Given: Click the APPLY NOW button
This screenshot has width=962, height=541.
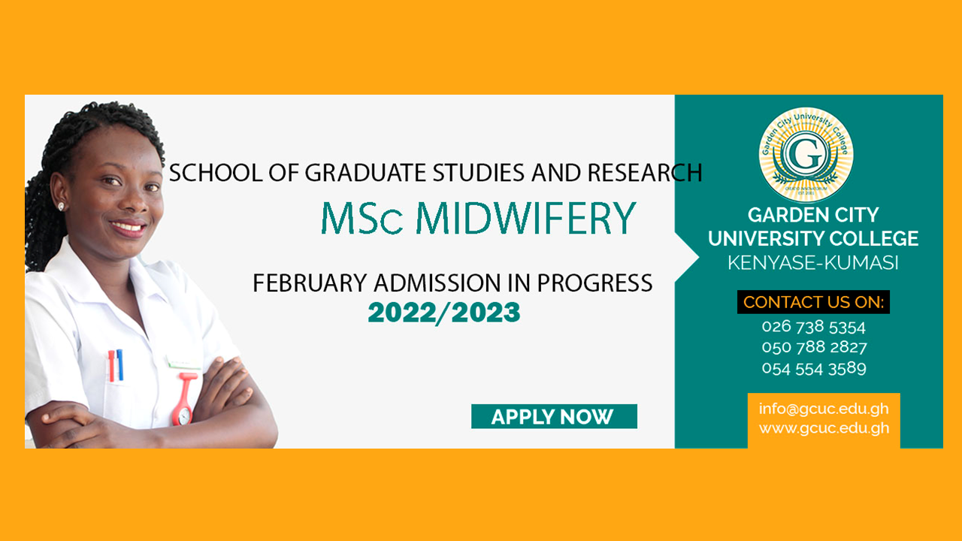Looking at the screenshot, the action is [554, 416].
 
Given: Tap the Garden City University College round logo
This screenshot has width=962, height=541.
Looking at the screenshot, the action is [806, 155].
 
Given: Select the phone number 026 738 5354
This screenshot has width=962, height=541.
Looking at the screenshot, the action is [813, 327].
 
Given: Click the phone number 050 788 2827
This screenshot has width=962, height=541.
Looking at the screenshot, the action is [814, 347].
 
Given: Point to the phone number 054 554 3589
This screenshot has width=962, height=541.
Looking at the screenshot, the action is [814, 368].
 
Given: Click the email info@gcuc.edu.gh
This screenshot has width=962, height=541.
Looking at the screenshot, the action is [824, 409].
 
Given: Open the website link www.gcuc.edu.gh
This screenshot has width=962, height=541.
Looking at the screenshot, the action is [824, 428].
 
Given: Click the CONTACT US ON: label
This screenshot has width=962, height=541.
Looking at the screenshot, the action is [813, 302].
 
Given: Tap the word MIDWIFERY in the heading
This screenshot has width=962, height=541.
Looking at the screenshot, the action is [526, 218].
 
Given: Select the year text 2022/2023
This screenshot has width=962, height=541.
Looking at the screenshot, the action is [444, 312].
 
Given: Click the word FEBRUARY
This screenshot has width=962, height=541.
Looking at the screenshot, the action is [310, 283].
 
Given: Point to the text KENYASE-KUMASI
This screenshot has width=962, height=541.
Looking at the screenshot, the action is [813, 262].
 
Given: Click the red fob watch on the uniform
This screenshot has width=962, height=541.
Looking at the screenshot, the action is [185, 399].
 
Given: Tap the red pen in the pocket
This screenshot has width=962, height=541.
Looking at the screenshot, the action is [112, 366].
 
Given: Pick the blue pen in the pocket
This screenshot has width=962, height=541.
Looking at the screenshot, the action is [119, 364].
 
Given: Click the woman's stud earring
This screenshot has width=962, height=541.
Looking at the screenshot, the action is [61, 207].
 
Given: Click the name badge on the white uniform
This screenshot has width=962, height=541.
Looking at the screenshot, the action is [184, 362].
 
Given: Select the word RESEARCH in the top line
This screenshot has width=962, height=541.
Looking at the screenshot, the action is [645, 173].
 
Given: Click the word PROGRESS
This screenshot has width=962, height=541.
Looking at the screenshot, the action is [594, 283].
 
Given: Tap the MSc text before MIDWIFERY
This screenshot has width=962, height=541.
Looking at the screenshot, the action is [362, 218].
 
